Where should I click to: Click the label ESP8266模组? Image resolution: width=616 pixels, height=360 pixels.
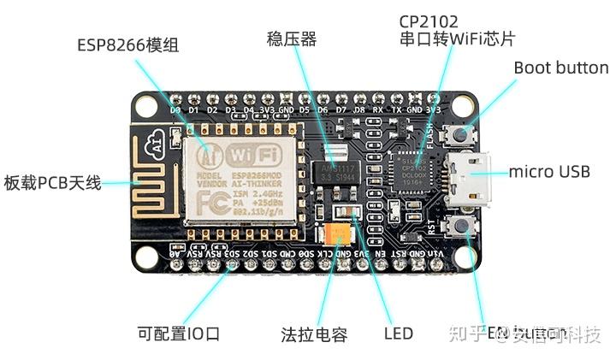[x=127, y=45]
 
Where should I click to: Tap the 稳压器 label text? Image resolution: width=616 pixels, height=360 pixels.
[x=292, y=38]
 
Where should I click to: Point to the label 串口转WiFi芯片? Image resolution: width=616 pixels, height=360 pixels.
[x=457, y=38]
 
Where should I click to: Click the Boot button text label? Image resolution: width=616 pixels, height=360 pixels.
[x=560, y=68]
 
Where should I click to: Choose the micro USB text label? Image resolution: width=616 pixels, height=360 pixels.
[x=549, y=172]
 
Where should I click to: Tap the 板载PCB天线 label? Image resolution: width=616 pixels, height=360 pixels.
[x=52, y=182]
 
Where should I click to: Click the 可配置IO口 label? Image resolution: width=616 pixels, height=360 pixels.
[x=179, y=333]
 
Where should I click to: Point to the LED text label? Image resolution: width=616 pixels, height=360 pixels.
[x=398, y=333]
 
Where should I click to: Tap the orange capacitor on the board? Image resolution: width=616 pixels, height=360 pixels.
[x=335, y=234]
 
